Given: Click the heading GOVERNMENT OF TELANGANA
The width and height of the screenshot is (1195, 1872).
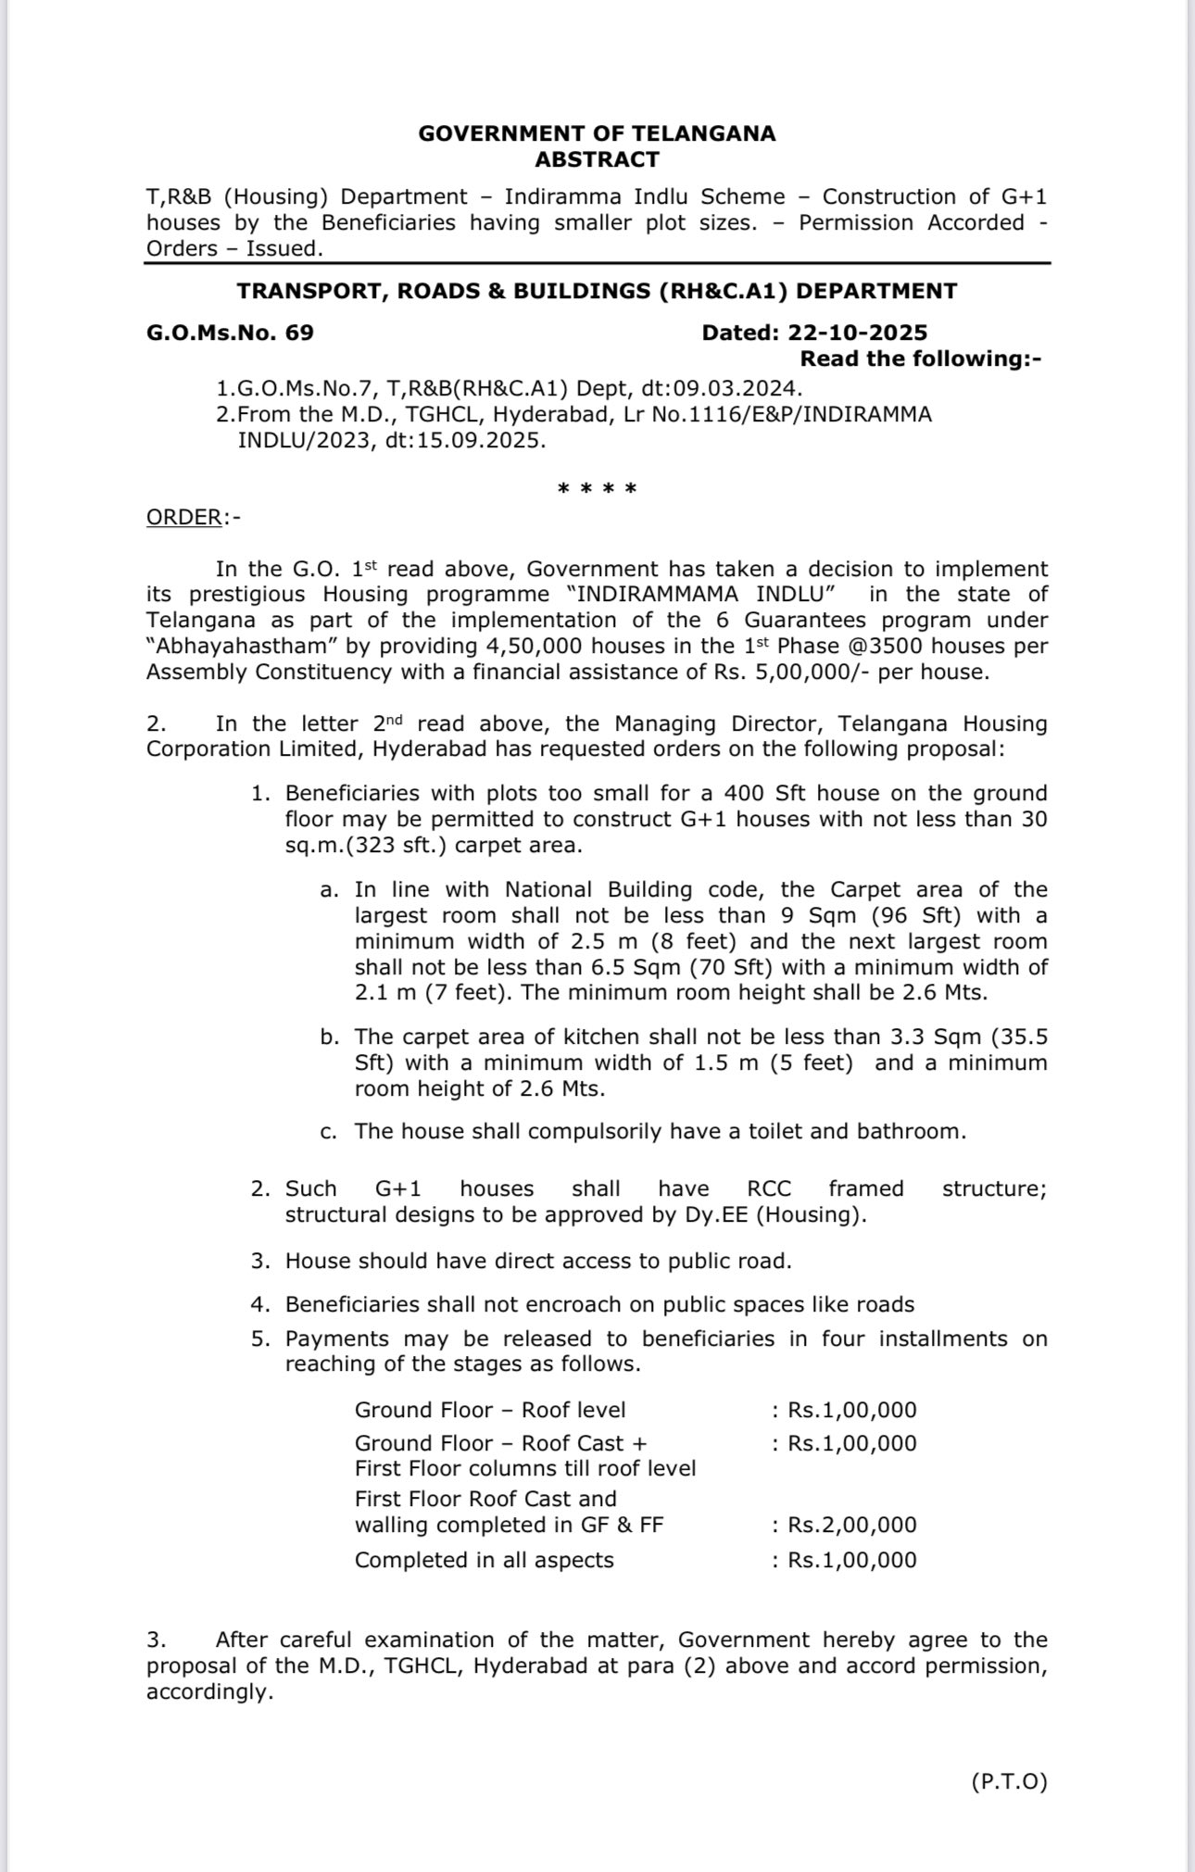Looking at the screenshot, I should pos(597,133).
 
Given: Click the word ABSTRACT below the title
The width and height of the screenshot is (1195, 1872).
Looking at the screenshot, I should pos(597,159).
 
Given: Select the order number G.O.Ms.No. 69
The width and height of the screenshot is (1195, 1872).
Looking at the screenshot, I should pos(230,333).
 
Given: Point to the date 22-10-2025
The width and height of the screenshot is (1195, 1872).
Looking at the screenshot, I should pos(858,333).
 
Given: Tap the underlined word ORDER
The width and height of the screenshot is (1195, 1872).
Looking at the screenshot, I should pos(183,517).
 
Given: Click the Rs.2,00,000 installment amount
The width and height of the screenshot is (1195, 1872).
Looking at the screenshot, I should pos(851,1525).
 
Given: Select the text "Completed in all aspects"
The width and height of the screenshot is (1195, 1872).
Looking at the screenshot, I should pos(484,1560).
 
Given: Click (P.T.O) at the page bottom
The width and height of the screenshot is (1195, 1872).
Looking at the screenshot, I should pos(1009,1781).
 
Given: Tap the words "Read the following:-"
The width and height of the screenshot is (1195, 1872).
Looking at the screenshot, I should pos(920,358).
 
